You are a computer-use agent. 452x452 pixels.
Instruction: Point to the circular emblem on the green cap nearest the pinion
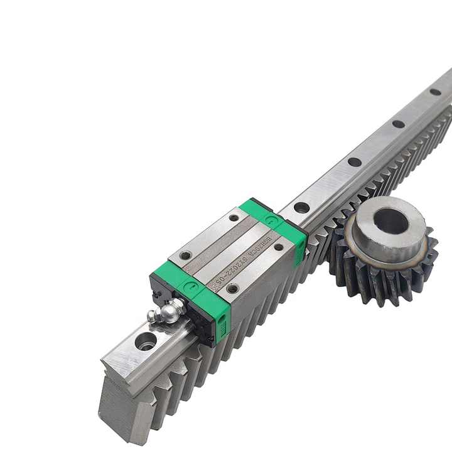click(271, 220)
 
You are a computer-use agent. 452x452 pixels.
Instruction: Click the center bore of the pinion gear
click(390, 220)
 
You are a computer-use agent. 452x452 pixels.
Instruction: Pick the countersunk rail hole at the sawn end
click(146, 342)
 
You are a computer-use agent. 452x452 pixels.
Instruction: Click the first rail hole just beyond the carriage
click(302, 207)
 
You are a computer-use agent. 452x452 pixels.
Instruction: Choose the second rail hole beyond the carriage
click(355, 162)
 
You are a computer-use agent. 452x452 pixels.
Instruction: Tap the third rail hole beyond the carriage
click(399, 124)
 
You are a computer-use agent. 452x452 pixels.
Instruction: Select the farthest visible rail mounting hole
click(435, 92)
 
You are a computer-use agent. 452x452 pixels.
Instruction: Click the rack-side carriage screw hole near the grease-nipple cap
click(232, 289)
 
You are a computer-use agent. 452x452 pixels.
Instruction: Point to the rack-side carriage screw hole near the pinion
click(279, 247)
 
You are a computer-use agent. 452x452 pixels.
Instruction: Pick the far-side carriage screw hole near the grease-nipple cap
click(186, 256)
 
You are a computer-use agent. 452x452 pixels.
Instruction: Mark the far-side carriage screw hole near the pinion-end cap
click(234, 218)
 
